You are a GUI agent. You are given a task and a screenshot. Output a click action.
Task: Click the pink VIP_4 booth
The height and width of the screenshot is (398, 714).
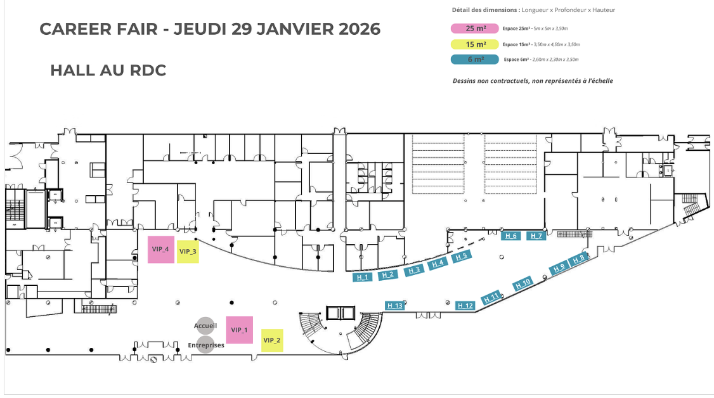coord(160,249)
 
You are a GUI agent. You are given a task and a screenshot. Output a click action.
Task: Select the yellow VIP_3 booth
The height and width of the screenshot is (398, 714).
coord(188,252)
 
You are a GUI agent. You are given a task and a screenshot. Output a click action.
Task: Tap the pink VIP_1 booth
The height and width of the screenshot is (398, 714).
coord(240,330)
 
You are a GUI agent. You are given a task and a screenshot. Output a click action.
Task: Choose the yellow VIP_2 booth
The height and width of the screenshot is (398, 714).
coord(272,340)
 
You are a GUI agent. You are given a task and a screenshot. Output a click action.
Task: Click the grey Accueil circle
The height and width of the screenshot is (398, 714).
coord(205,326)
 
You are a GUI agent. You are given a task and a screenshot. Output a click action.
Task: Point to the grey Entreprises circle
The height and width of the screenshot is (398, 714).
coord(205,345)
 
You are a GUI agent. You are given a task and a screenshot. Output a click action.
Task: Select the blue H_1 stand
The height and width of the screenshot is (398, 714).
coord(363,277)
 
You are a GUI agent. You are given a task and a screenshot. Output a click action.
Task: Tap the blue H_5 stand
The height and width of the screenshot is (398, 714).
coord(461,257)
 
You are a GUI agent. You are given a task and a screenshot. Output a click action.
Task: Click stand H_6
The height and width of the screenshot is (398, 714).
coord(511,236)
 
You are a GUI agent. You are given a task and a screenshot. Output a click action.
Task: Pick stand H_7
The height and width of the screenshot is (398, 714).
coord(536,236)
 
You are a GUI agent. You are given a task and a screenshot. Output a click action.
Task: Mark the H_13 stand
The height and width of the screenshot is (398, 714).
coord(394,305)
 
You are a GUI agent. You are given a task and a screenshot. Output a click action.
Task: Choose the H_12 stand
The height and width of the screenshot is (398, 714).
coord(465,305)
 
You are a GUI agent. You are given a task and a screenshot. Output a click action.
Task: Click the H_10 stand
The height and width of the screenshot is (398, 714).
coord(523,283)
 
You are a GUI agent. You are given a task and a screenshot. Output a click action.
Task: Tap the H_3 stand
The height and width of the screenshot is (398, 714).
coord(414,270)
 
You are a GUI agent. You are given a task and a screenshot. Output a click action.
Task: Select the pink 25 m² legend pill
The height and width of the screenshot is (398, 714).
coord(475,29)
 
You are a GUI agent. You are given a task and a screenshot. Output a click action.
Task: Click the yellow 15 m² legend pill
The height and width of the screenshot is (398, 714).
coord(475,44)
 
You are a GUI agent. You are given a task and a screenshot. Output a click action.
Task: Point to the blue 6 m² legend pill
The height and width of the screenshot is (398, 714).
coord(475,59)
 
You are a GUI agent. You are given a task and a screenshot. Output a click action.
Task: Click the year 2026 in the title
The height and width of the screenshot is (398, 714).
coord(360,29)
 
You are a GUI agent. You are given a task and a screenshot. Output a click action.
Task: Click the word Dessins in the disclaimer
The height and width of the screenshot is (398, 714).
coord(464,81)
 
